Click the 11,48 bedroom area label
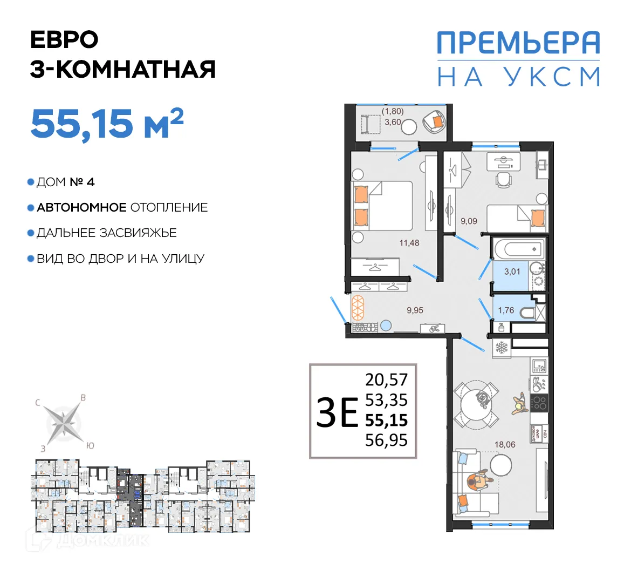click(409, 243)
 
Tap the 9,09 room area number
click(468, 221)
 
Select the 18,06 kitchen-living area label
click(505, 445)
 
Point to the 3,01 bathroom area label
click(512, 272)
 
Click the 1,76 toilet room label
click(506, 310)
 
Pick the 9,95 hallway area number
click(415, 310)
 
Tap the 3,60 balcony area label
click(392, 122)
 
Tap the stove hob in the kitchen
click(539, 402)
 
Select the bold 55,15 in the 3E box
click(386, 420)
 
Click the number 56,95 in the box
click(386, 440)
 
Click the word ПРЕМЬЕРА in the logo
click(518, 43)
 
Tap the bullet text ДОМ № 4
click(65, 182)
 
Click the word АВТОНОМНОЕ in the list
click(81, 208)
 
